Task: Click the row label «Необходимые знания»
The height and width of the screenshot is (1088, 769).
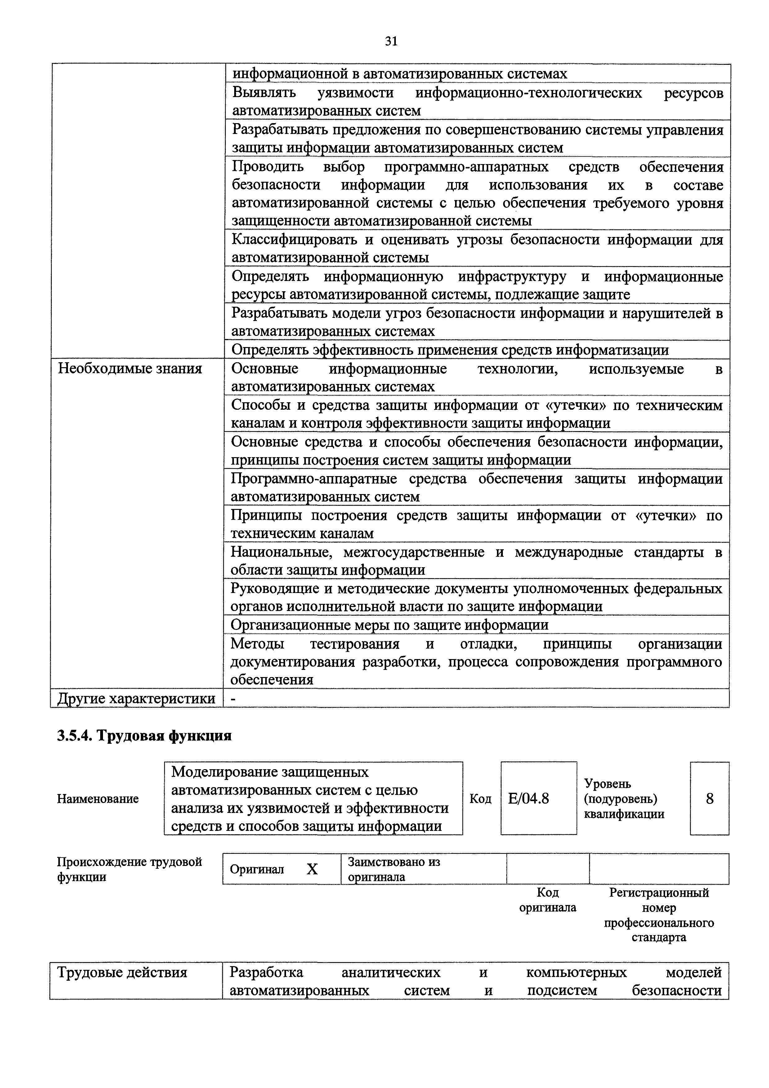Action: tap(130, 369)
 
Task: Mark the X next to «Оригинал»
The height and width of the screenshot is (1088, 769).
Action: tap(312, 869)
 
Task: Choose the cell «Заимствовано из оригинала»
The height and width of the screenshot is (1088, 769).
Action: tap(394, 869)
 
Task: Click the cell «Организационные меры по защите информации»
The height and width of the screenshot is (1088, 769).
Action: tap(390, 625)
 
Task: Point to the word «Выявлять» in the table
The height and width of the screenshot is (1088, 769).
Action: tap(264, 92)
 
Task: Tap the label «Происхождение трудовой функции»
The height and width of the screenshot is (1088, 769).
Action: tap(129, 869)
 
